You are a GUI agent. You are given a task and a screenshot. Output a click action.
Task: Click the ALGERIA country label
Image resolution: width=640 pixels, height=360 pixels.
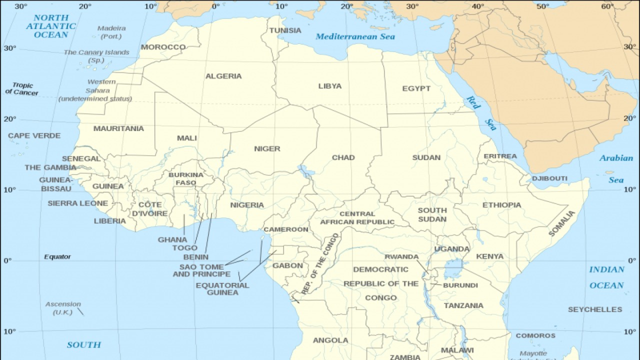coord(223,76)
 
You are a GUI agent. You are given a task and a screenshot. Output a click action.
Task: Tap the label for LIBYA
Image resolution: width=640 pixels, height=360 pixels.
coord(330,86)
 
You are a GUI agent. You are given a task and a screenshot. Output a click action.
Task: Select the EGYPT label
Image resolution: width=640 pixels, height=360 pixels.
coord(416,88)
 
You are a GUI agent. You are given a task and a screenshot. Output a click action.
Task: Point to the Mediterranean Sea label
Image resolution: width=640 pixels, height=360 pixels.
coord(355,36)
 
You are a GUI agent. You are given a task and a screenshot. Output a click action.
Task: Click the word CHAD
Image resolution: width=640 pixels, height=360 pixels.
coord(343,157)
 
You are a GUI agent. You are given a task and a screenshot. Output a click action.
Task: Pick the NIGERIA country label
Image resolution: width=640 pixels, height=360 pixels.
coord(247,205)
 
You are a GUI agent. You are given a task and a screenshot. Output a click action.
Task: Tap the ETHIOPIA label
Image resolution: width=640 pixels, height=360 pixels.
coord(501,205)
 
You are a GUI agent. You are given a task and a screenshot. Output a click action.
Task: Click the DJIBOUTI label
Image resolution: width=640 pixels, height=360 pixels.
coord(549,178)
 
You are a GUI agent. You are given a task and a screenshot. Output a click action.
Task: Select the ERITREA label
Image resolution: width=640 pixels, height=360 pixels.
coord(500,156)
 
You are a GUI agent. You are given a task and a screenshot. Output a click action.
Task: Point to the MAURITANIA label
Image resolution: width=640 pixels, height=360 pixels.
coord(118,128)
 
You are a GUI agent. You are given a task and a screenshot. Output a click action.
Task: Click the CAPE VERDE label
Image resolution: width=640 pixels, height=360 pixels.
coord(34,135)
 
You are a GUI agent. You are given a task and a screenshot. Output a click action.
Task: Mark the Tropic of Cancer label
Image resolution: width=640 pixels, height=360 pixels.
coord(22,89)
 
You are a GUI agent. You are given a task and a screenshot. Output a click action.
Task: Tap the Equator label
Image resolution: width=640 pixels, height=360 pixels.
coord(57,257)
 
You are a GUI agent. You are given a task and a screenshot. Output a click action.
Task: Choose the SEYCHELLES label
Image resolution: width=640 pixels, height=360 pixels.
coord(595,309)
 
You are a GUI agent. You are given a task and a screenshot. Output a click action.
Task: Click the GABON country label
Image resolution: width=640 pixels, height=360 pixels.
coord(287,265)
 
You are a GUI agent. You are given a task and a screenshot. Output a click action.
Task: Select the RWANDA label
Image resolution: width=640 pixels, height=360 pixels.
coord(401,257)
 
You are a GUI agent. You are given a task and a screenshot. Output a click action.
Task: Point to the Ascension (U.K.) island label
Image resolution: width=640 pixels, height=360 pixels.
coord(63,308)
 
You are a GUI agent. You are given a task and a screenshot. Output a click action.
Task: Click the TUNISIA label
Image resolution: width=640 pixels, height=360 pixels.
coord(285,30)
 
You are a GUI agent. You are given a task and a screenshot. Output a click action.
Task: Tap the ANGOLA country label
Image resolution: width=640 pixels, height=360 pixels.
coord(330,340)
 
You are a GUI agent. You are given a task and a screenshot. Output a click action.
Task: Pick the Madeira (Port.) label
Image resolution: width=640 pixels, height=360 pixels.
coord(111,32)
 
